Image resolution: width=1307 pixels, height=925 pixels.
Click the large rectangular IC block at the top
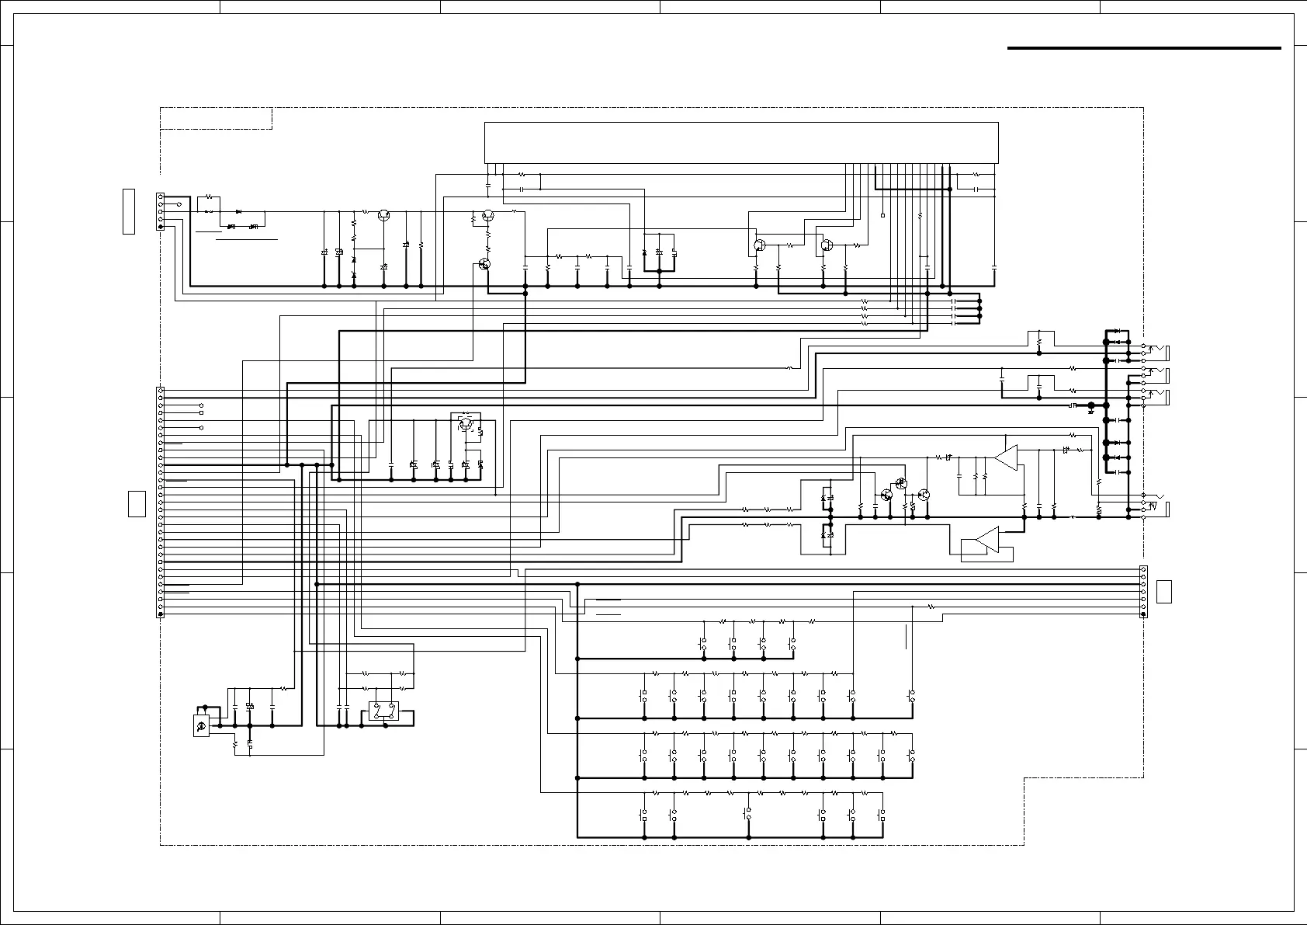tap(741, 142)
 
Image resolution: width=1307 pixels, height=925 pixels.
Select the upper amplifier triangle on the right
tap(1006, 458)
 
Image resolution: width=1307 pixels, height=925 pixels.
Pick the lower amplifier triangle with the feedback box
tap(987, 539)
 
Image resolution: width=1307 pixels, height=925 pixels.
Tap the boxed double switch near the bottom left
tap(384, 712)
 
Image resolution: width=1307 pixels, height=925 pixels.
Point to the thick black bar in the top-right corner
tap(1143, 48)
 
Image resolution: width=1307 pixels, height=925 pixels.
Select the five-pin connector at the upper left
tap(161, 212)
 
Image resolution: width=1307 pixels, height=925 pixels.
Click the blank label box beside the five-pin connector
tap(129, 210)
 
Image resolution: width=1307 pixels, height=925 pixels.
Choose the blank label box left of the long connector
tap(137, 503)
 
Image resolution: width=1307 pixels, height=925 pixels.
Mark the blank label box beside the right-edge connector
tap(1163, 592)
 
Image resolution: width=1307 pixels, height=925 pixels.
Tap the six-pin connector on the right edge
tap(1142, 592)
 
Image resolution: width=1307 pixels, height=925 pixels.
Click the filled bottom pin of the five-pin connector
tap(161, 227)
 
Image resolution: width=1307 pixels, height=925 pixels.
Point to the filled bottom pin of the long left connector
tap(161, 614)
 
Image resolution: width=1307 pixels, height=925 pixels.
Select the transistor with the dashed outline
tap(465, 423)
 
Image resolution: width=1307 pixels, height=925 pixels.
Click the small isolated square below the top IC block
tap(883, 215)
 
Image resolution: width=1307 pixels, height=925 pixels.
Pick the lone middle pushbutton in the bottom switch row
tap(749, 815)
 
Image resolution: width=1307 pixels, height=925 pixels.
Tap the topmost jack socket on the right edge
tap(1156, 352)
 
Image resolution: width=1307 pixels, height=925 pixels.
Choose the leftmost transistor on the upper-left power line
tap(383, 215)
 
